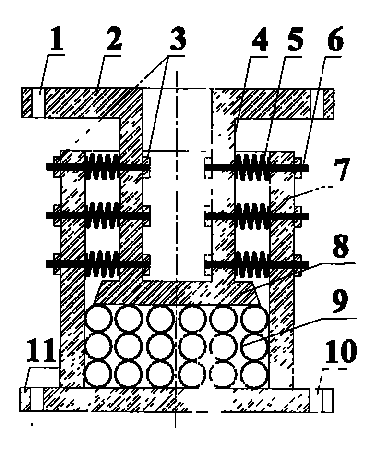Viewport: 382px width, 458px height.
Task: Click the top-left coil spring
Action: click(x=102, y=166)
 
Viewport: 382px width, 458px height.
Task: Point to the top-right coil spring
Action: click(x=251, y=166)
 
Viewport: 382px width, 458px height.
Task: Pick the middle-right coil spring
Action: click(x=251, y=215)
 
